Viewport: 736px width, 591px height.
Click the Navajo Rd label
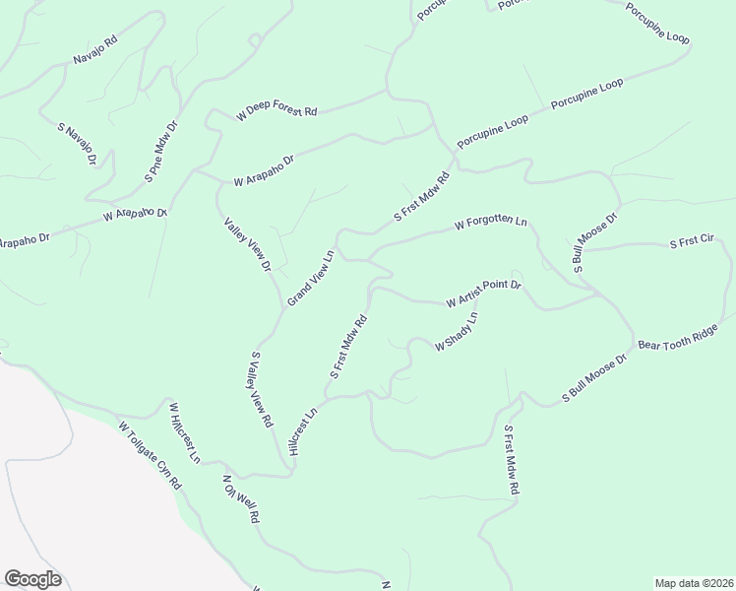tap(95, 50)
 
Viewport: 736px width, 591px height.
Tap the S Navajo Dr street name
tap(78, 144)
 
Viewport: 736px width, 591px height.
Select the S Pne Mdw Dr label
tap(162, 151)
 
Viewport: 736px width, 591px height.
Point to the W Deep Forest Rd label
tap(276, 113)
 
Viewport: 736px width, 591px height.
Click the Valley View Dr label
tap(248, 244)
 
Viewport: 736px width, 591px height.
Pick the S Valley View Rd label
tap(262, 389)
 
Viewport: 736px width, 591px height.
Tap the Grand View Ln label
tap(311, 278)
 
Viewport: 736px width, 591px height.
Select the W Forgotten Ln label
tap(491, 224)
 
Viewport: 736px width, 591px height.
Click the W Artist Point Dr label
tap(483, 293)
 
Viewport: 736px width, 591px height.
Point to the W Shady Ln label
tap(457, 332)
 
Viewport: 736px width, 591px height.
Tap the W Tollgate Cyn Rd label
tap(151, 456)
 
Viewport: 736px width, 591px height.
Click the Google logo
tap(32, 579)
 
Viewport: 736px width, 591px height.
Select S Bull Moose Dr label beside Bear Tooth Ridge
tap(594, 378)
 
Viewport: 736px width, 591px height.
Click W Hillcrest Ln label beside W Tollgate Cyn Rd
tap(184, 432)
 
